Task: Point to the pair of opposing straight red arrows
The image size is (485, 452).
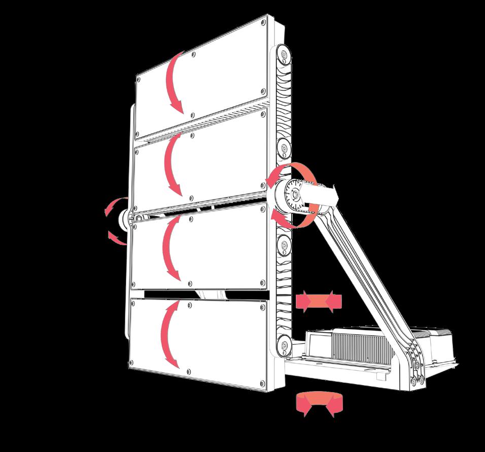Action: click(x=319, y=302)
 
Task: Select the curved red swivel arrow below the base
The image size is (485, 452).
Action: click(x=318, y=403)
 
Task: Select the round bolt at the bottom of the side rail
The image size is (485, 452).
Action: click(x=283, y=346)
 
